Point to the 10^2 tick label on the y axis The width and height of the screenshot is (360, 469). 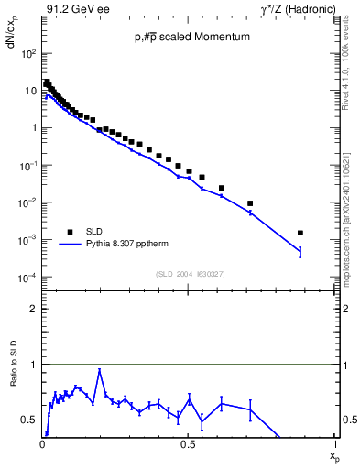click(28, 53)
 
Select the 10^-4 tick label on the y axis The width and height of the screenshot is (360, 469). click(28, 278)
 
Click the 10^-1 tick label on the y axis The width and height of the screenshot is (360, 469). click(28, 166)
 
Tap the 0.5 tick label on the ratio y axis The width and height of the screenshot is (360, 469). click(29, 420)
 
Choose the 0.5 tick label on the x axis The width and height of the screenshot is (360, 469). click(188, 445)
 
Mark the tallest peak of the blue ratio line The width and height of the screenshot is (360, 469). click(99, 370)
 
